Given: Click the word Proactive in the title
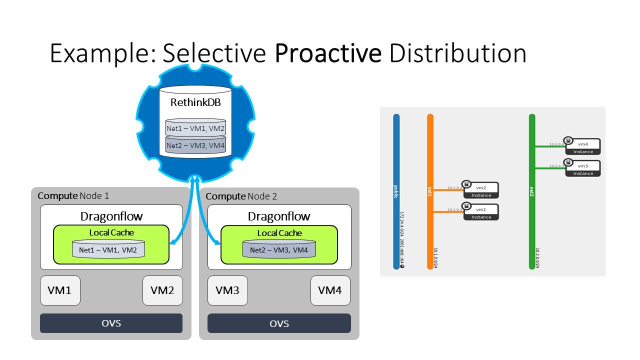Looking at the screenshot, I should point(328,53).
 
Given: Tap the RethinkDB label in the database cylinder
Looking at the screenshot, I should point(195,103).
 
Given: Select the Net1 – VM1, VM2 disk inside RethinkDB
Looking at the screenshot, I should point(195,128).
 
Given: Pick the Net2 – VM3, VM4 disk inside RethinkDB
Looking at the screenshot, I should point(195,145).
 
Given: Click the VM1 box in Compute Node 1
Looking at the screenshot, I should point(60,290).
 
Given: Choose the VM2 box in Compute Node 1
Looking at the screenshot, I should point(162,290).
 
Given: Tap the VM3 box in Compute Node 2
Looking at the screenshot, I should point(227,290).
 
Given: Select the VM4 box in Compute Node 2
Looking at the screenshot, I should point(330,290).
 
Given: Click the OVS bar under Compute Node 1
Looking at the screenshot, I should point(111,323).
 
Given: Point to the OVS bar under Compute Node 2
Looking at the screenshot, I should point(279,323).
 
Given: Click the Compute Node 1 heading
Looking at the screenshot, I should point(73,196).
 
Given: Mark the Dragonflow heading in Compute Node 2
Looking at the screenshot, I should point(279,216).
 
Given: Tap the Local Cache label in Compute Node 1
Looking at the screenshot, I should point(111,232).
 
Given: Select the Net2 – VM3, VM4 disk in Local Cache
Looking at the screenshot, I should point(279,250).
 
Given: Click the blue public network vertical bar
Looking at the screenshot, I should point(396,191).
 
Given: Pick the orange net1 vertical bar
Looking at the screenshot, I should point(430,191).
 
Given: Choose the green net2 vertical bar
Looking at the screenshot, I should point(532,191).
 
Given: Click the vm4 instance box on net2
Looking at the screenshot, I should point(583,146).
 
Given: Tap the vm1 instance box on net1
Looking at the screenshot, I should point(481,212).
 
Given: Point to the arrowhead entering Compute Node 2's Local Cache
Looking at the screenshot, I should point(218,243).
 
